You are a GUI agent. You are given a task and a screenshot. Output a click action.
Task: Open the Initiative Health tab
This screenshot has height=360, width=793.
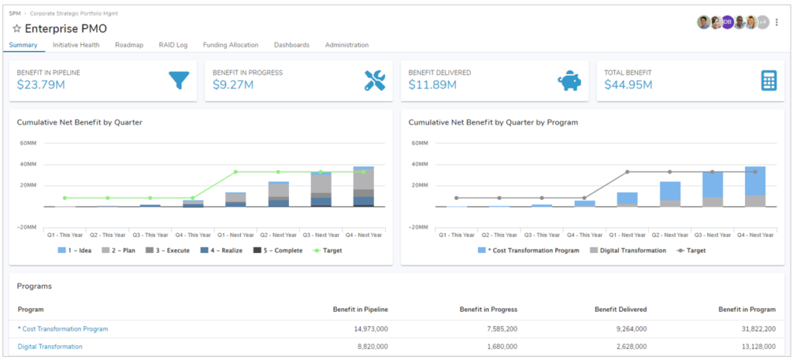pos(76,45)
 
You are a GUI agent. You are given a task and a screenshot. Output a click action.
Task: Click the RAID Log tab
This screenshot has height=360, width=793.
pos(173,45)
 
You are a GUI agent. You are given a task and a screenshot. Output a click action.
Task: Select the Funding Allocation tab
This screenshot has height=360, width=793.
pos(231,45)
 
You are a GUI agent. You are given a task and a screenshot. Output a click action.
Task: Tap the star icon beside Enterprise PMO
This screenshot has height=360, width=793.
pos(16,29)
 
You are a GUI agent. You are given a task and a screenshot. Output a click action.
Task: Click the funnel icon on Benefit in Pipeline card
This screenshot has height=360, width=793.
pos(179,81)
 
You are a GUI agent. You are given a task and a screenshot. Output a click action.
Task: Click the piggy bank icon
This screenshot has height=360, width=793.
pos(570,81)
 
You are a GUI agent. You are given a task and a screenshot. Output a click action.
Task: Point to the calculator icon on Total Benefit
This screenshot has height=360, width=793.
pos(768,81)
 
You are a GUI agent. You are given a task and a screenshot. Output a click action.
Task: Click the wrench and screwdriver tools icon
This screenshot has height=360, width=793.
pos(375,81)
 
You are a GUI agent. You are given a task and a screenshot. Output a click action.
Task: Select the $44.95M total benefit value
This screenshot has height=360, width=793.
pos(628,85)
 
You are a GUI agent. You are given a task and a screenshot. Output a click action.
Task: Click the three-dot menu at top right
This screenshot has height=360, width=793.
pos(777,22)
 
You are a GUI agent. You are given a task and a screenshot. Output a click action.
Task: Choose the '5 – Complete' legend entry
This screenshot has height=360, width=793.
pos(276,250)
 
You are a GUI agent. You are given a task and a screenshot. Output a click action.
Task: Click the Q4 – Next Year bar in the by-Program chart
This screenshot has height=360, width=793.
pos(755,187)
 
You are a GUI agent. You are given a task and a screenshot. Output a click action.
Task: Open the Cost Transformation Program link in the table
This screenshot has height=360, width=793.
pos(63,329)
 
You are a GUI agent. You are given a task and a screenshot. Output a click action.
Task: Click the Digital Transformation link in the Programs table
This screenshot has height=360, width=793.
pos(50,347)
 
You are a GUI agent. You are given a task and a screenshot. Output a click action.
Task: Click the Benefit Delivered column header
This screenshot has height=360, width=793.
pos(620,309)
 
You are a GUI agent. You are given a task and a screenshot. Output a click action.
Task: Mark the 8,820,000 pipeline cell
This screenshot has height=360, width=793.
pos(371,347)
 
